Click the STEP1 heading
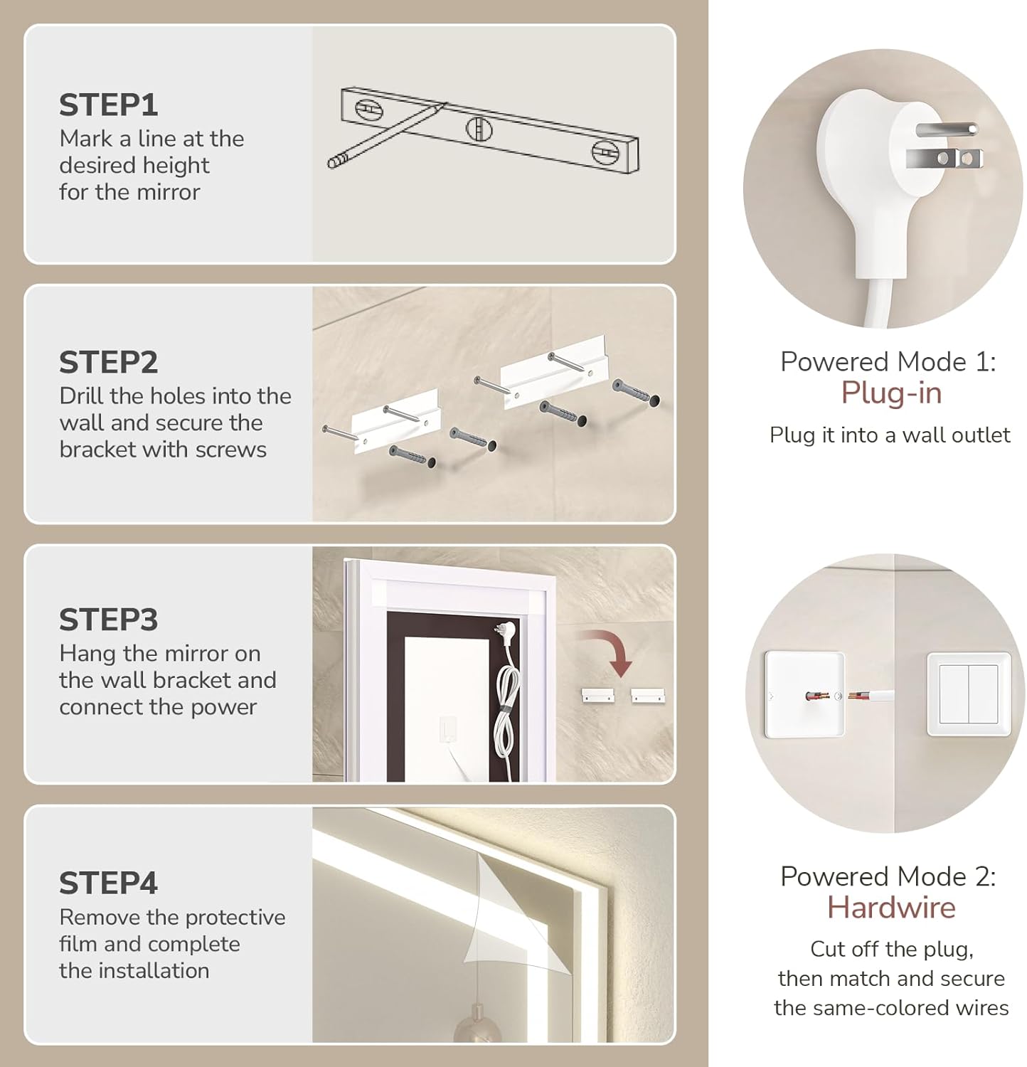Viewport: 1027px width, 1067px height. [x=108, y=105]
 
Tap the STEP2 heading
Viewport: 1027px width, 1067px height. [x=108, y=363]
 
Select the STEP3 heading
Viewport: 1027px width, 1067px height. [x=108, y=620]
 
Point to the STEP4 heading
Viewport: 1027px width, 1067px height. [x=108, y=883]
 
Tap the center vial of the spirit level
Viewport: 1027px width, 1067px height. [x=479, y=129]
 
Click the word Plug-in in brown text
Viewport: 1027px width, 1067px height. [x=891, y=393]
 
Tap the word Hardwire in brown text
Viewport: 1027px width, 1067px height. [x=891, y=908]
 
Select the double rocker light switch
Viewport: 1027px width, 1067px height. [x=969, y=694]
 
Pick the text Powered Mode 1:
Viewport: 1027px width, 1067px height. [x=888, y=362]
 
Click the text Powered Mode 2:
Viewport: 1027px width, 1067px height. [x=888, y=876]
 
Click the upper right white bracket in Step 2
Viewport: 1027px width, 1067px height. [x=552, y=371]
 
